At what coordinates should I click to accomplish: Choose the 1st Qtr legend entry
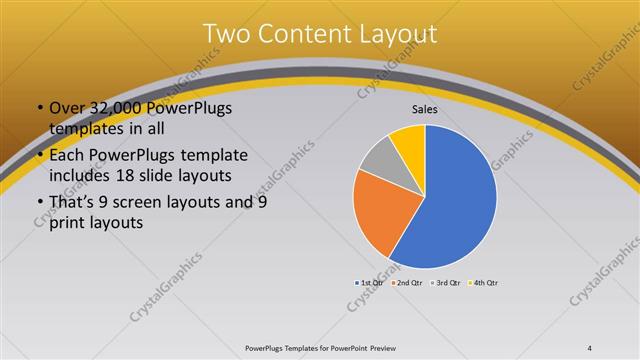pyautogui.click(x=372, y=283)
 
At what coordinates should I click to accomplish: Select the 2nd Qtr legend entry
pyautogui.click(x=409, y=283)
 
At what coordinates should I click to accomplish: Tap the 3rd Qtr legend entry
pyautogui.click(x=446, y=283)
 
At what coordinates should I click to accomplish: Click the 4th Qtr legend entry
pyautogui.click(x=482, y=283)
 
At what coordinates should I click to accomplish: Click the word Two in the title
pyautogui.click(x=226, y=33)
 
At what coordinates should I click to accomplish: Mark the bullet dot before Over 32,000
pyautogui.click(x=40, y=108)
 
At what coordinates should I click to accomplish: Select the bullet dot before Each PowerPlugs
pyautogui.click(x=40, y=155)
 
